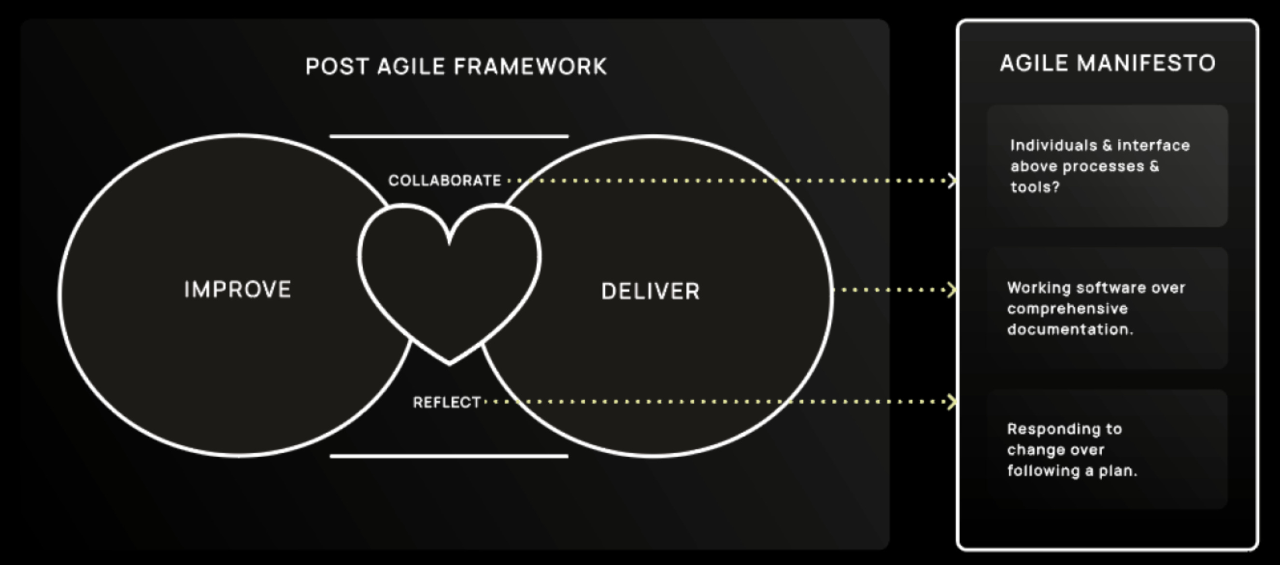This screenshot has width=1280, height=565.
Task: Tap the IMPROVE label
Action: tap(238, 290)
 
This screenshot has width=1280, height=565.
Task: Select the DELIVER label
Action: tap(651, 291)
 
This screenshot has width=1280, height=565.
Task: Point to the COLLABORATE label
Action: tap(445, 181)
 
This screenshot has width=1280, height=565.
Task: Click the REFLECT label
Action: tap(447, 402)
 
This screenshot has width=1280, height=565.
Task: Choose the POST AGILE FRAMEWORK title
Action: tap(456, 67)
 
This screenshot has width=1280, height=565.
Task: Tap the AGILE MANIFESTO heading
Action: tap(1108, 64)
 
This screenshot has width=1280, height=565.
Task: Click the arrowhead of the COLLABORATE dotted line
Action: tap(952, 181)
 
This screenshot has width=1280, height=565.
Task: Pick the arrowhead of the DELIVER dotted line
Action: tap(952, 290)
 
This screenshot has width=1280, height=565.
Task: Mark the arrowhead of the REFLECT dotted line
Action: tap(952, 401)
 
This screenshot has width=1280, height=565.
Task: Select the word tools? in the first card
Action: tap(1035, 187)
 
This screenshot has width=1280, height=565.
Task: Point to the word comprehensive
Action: tap(1067, 309)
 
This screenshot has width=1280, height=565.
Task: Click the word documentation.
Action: tap(1070, 329)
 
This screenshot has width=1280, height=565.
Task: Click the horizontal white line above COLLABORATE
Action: tap(449, 136)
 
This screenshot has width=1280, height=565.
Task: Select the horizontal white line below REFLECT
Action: tap(449, 456)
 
